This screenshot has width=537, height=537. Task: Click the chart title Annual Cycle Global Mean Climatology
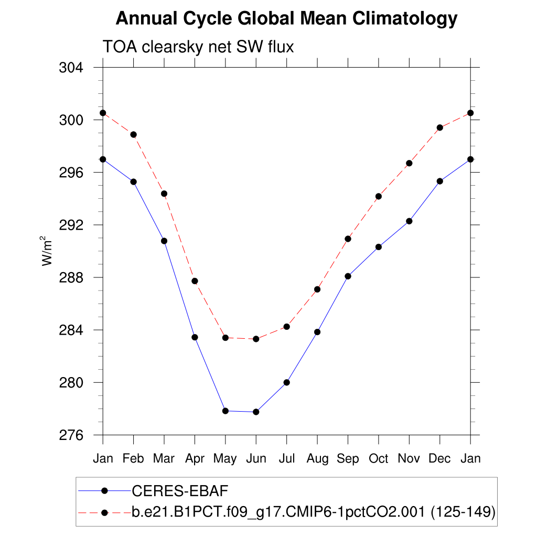[x=286, y=19]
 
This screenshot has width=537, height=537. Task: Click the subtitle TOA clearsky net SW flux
[x=198, y=47]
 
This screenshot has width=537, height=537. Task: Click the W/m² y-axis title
[x=48, y=251]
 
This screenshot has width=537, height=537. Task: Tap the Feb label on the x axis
[x=133, y=458]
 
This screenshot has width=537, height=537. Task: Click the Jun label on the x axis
[x=256, y=458]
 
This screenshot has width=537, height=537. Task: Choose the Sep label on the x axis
[x=348, y=458]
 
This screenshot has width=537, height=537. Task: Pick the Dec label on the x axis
[x=439, y=458]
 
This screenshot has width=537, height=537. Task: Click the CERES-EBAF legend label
[x=180, y=491]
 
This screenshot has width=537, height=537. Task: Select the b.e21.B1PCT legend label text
[x=314, y=512]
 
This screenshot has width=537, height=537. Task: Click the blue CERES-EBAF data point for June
[x=256, y=412]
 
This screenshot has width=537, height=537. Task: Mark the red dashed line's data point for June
[x=256, y=339]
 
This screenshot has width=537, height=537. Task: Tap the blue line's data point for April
[x=195, y=337]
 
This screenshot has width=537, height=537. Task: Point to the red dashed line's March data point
[x=164, y=194]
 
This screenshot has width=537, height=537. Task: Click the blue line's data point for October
[x=378, y=246]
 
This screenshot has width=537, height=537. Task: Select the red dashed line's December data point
[x=439, y=127]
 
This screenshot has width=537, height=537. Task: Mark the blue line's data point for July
[x=286, y=382]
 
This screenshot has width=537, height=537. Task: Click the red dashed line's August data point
[x=317, y=289]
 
